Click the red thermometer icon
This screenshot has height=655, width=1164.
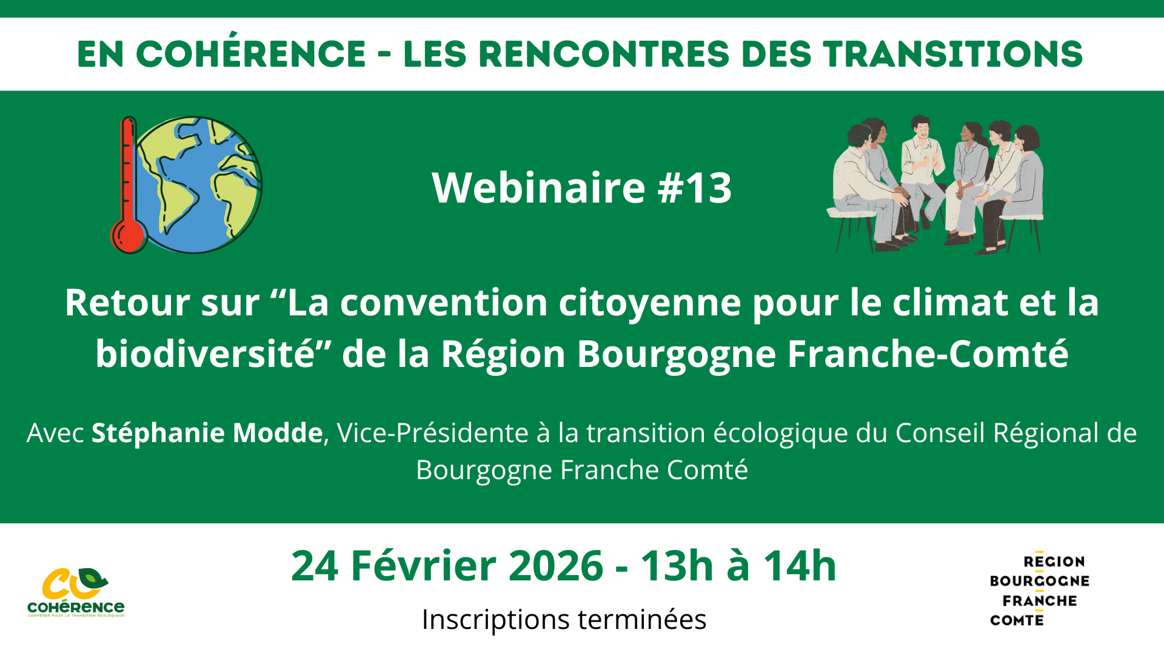(127, 188)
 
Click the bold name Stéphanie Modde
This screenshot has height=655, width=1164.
(207, 433)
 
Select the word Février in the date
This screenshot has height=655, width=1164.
(424, 566)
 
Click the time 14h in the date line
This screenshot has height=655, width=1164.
(800, 566)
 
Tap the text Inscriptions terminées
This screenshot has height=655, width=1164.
(564, 619)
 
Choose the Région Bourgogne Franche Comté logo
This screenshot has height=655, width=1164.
(1039, 590)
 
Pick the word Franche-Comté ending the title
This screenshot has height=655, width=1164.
(928, 354)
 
